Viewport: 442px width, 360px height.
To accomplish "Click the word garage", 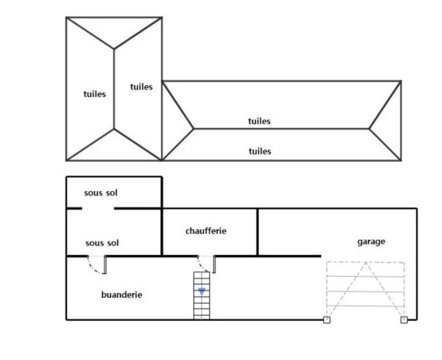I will click(371, 242).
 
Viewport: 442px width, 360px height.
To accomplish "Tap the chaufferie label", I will click(206, 231).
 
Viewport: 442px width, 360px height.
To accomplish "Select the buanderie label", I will click(122, 294).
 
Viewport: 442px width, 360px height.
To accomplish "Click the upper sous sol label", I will click(101, 193).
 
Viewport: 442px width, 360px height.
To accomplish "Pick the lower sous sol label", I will click(102, 243).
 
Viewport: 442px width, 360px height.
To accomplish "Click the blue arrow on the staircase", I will click(202, 291).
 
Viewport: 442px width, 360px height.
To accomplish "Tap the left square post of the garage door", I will click(327, 319).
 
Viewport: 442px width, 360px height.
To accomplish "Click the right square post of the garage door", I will click(404, 319).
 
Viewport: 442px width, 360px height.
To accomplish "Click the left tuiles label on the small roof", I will click(95, 94).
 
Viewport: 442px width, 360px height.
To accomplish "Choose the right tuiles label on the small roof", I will click(141, 87).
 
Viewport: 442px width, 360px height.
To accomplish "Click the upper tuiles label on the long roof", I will click(259, 121).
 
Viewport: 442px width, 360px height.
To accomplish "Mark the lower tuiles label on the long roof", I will click(260, 151).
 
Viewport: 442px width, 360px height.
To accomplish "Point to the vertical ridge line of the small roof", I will click(114, 88).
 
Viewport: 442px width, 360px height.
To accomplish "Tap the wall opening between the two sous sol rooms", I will click(98, 209).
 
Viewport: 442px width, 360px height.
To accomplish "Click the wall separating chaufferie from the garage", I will click(257, 232).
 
